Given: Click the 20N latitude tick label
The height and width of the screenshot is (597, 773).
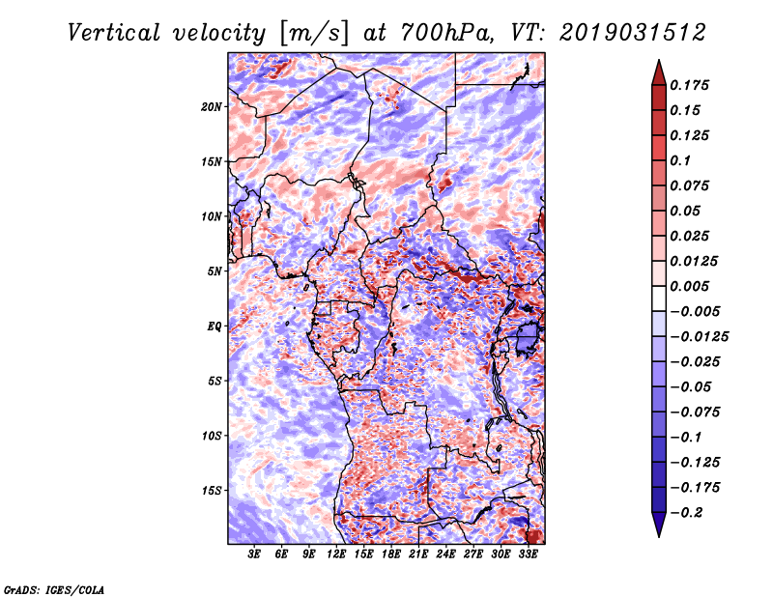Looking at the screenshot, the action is pyautogui.click(x=212, y=107).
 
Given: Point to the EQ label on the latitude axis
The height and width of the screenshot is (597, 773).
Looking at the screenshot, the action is pyautogui.click(x=214, y=327).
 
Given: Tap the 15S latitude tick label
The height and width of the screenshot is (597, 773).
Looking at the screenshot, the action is pyautogui.click(x=212, y=491).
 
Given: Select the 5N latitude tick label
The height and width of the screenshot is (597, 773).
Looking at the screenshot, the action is pyautogui.click(x=215, y=271).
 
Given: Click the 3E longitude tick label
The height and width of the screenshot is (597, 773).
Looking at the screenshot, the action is pyautogui.click(x=254, y=554).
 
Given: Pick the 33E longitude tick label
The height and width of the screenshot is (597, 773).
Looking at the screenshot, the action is pyautogui.click(x=528, y=554).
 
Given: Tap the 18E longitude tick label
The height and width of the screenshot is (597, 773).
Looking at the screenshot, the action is pyautogui.click(x=391, y=554).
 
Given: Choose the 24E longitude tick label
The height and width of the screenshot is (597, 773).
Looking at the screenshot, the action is pyautogui.click(x=445, y=554).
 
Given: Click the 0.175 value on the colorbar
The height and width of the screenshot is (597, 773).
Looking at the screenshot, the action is pyautogui.click(x=689, y=85).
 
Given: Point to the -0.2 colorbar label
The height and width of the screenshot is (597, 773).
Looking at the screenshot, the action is pyautogui.click(x=686, y=513).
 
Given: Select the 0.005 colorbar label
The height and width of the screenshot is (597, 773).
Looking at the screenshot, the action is pyautogui.click(x=689, y=286).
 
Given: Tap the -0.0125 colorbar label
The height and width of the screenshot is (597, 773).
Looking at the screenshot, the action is pyautogui.click(x=699, y=337).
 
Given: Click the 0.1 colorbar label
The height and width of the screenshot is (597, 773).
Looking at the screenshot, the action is pyautogui.click(x=680, y=160).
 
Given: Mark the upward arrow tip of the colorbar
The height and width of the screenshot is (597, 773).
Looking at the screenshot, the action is pyautogui.click(x=659, y=60).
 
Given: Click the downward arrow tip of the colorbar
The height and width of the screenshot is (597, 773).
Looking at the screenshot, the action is pyautogui.click(x=659, y=537).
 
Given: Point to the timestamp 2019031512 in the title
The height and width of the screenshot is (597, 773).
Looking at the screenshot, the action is pyautogui.click(x=633, y=33).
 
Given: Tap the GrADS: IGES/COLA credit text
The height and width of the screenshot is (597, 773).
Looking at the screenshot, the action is pyautogui.click(x=54, y=589).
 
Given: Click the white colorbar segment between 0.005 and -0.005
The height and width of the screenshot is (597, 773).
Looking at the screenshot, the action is pyautogui.click(x=659, y=298).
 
